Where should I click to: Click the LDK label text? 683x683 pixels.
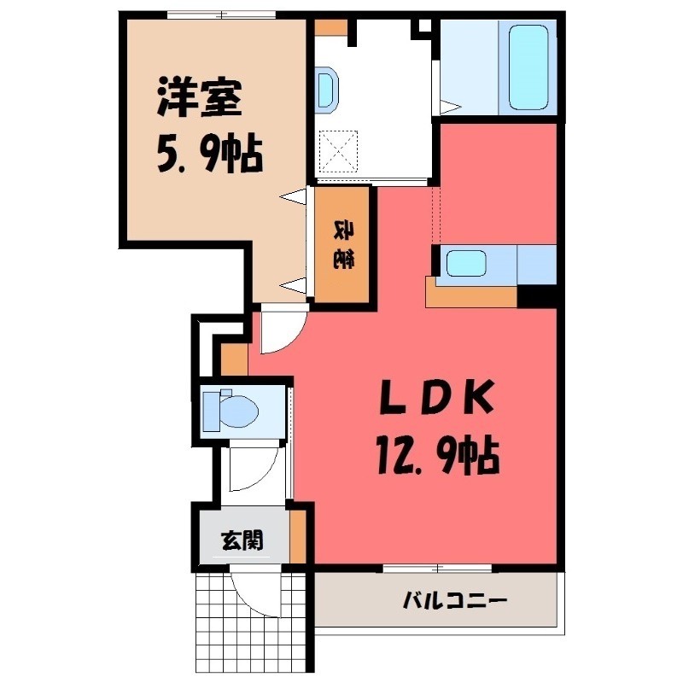point(434,397)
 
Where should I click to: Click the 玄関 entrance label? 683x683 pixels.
point(241,540)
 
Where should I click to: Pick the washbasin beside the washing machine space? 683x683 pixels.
point(326,90)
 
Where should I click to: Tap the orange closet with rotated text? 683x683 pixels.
point(343,245)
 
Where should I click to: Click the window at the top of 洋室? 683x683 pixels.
point(221,15)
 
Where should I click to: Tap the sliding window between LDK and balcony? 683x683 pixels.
point(435,567)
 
